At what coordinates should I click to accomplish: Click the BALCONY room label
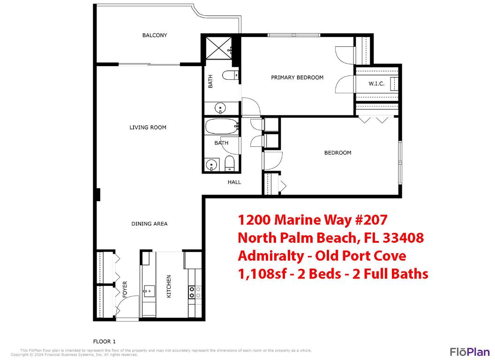[155, 35]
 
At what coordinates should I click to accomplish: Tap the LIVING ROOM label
[148, 127]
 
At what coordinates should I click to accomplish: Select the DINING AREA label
[149, 224]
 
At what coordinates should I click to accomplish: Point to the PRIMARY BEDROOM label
[297, 77]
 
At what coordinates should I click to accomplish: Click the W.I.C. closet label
[376, 84]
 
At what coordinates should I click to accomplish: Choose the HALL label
[234, 182]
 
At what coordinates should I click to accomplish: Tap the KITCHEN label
[169, 286]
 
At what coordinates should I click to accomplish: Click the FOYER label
[125, 289]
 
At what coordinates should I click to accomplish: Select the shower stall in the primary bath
[217, 48]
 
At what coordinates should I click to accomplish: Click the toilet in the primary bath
[229, 75]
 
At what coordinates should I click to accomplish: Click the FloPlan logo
[470, 352]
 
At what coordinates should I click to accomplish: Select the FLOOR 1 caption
[104, 341]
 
